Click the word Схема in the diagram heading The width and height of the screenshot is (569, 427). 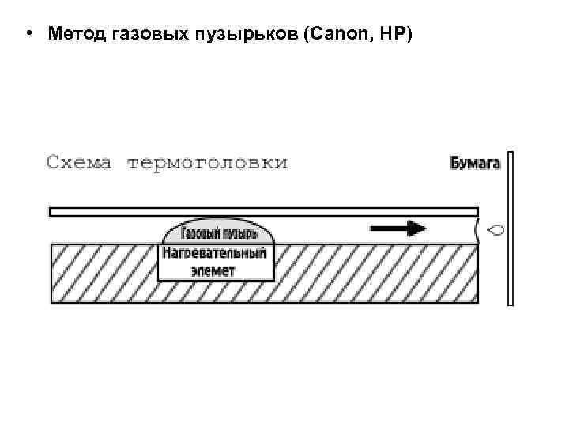pyautogui.click(x=78, y=163)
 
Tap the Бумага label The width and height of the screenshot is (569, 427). pyautogui.click(x=475, y=163)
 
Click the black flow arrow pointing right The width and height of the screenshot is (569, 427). pyautogui.click(x=398, y=229)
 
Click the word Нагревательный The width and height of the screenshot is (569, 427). pyautogui.click(x=216, y=254)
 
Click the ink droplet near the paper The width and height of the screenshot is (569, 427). pyautogui.click(x=496, y=230)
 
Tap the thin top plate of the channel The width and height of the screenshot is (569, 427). pyautogui.click(x=263, y=211)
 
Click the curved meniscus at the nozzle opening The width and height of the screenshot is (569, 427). pyautogui.click(x=477, y=230)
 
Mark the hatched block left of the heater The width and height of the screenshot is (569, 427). pyautogui.click(x=103, y=273)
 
